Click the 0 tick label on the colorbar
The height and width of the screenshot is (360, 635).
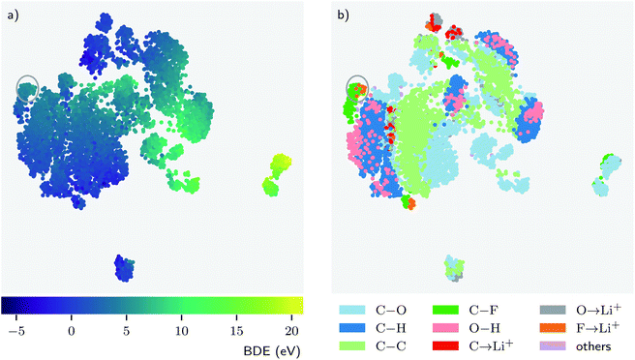click(71, 331)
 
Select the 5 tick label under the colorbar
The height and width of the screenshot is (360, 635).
click(124, 331)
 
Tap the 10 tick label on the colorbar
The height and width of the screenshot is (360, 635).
click(178, 331)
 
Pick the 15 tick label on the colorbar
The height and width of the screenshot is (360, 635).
click(233, 331)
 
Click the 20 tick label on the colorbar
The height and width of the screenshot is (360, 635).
click(288, 331)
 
